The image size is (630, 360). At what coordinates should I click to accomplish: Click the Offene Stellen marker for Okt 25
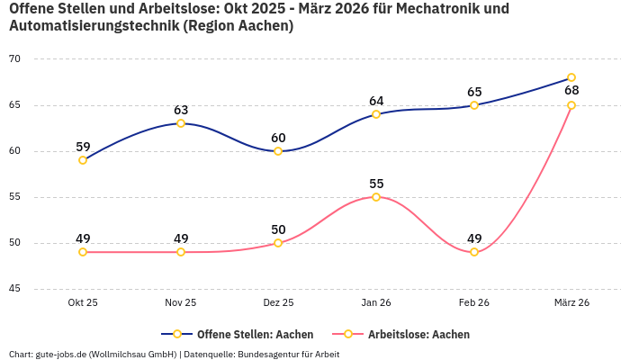pyautogui.click(x=83, y=160)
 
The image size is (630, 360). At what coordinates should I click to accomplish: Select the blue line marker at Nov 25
pyautogui.click(x=181, y=123)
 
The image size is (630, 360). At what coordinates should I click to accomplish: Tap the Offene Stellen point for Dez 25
pyautogui.click(x=278, y=151)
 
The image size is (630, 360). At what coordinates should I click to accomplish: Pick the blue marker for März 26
pyautogui.click(x=571, y=77)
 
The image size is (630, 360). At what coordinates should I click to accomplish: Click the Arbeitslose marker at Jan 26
pyautogui.click(x=376, y=197)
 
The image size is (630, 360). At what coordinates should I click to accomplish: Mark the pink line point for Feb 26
pyautogui.click(x=474, y=252)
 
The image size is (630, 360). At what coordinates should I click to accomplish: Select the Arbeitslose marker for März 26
pyautogui.click(x=571, y=105)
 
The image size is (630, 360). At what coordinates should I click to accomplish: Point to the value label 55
pyautogui.click(x=376, y=184)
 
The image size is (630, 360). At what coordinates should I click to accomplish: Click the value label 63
pyautogui.click(x=181, y=110)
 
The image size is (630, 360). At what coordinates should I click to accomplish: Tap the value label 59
pyautogui.click(x=83, y=147)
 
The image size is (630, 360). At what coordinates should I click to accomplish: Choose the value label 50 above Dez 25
pyautogui.click(x=278, y=229)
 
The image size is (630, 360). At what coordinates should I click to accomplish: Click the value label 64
pyautogui.click(x=376, y=101)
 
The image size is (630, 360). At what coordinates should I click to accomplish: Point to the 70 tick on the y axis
pyautogui.click(x=14, y=59)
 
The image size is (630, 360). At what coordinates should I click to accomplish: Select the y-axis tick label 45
pyautogui.click(x=14, y=289)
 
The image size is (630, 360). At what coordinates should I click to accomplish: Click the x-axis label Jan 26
pyautogui.click(x=376, y=303)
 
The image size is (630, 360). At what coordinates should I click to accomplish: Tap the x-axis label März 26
pyautogui.click(x=571, y=303)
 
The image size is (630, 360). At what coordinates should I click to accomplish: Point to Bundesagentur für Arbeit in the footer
pyautogui.click(x=287, y=354)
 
